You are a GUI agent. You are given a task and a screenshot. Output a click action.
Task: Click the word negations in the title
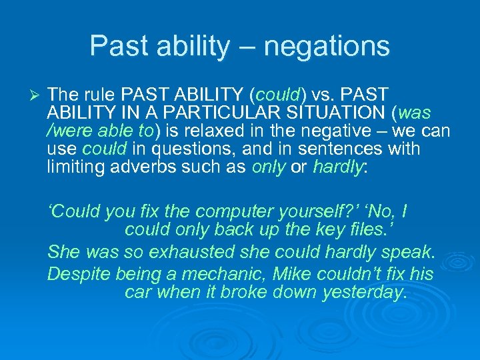[327, 46]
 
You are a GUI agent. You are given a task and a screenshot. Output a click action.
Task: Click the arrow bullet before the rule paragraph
[27, 94]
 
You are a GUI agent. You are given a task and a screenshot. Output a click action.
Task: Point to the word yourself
[323, 213]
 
